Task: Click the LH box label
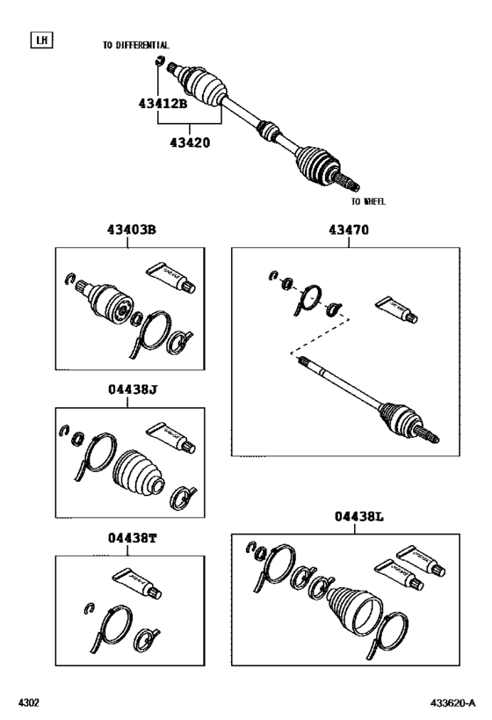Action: (40, 40)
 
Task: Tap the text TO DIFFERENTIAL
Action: (136, 45)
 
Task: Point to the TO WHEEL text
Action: (368, 201)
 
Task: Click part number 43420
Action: (192, 140)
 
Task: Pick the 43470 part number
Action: (349, 231)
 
